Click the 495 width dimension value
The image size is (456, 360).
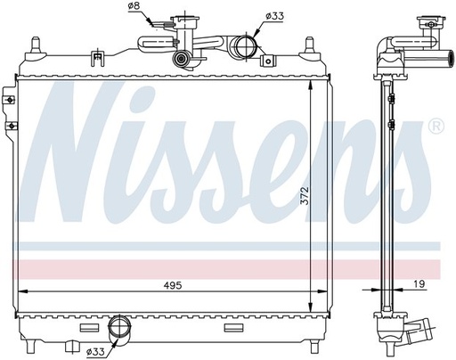pyautogui.click(x=173, y=286)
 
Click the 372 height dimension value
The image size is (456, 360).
pyautogui.click(x=305, y=195)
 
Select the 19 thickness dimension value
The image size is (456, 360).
pyautogui.click(x=419, y=284)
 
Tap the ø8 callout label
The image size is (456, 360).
pyautogui.click(x=134, y=6)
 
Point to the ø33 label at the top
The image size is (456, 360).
pyautogui.click(x=274, y=16)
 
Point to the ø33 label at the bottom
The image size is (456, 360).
pyautogui.click(x=95, y=352)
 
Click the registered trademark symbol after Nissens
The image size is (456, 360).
pyautogui.click(x=436, y=127)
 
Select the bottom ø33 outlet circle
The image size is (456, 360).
pyautogui.click(x=119, y=326)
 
